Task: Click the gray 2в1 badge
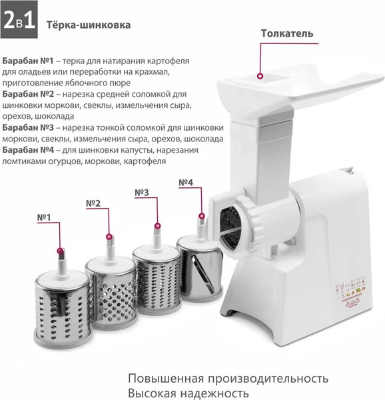(19, 19)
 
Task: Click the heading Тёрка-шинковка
(89, 25)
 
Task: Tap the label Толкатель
(287, 33)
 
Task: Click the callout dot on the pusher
(260, 76)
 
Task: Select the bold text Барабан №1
(28, 61)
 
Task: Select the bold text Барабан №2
(28, 94)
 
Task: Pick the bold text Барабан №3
(28, 127)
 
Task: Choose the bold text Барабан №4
(28, 150)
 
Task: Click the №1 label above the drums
(44, 217)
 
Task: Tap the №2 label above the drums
(93, 203)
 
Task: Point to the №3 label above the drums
(142, 193)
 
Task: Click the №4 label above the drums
(186, 183)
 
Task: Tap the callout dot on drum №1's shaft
(61, 251)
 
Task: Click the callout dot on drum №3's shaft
(158, 226)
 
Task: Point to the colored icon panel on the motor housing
(351, 291)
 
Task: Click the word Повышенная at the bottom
(166, 379)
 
